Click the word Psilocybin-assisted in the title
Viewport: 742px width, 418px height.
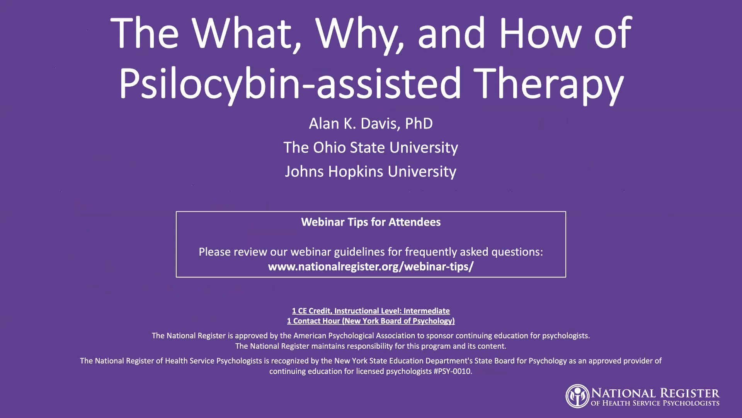click(x=290, y=83)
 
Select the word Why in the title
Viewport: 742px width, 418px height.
click(x=360, y=34)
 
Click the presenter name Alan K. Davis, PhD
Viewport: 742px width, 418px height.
click(x=371, y=123)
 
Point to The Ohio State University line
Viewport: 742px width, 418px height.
click(x=371, y=147)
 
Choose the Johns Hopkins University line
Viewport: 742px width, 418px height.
click(x=371, y=171)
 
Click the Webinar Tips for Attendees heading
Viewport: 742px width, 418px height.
click(x=371, y=222)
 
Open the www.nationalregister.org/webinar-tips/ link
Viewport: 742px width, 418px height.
click(x=371, y=267)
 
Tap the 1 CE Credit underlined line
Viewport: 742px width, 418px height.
click(x=371, y=311)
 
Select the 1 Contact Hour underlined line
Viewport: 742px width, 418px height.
click(x=371, y=321)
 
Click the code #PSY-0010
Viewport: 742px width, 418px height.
click(x=453, y=371)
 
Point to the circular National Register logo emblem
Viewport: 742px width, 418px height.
click(x=578, y=396)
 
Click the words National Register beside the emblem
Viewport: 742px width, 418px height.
click(x=655, y=393)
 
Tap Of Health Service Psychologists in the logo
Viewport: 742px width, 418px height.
click(x=655, y=403)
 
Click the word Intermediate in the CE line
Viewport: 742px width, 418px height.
click(x=427, y=311)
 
